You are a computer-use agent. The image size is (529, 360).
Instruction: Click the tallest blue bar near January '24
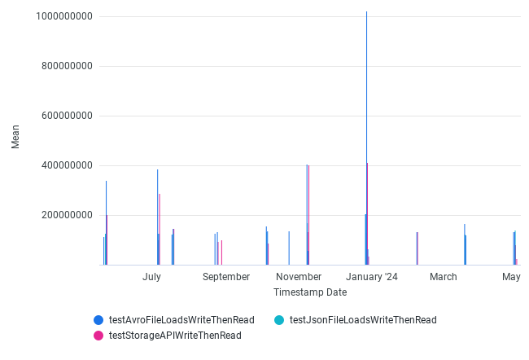click(x=366, y=138)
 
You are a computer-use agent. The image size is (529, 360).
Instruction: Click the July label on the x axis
click(x=151, y=277)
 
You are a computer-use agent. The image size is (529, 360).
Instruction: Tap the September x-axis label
click(x=226, y=277)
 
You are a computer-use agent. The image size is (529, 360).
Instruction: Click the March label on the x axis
click(x=444, y=277)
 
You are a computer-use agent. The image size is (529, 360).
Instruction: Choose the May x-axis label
click(x=511, y=277)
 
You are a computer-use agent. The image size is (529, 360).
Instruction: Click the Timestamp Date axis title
click(x=310, y=292)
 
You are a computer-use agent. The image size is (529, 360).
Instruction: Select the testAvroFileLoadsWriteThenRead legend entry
click(x=181, y=320)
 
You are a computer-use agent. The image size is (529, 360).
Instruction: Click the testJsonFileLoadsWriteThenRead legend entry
click(x=363, y=320)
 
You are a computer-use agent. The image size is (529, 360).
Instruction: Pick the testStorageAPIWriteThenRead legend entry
click(x=175, y=335)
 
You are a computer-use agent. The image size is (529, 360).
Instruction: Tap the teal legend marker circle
click(x=279, y=320)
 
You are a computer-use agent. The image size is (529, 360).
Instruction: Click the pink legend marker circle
click(x=98, y=335)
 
